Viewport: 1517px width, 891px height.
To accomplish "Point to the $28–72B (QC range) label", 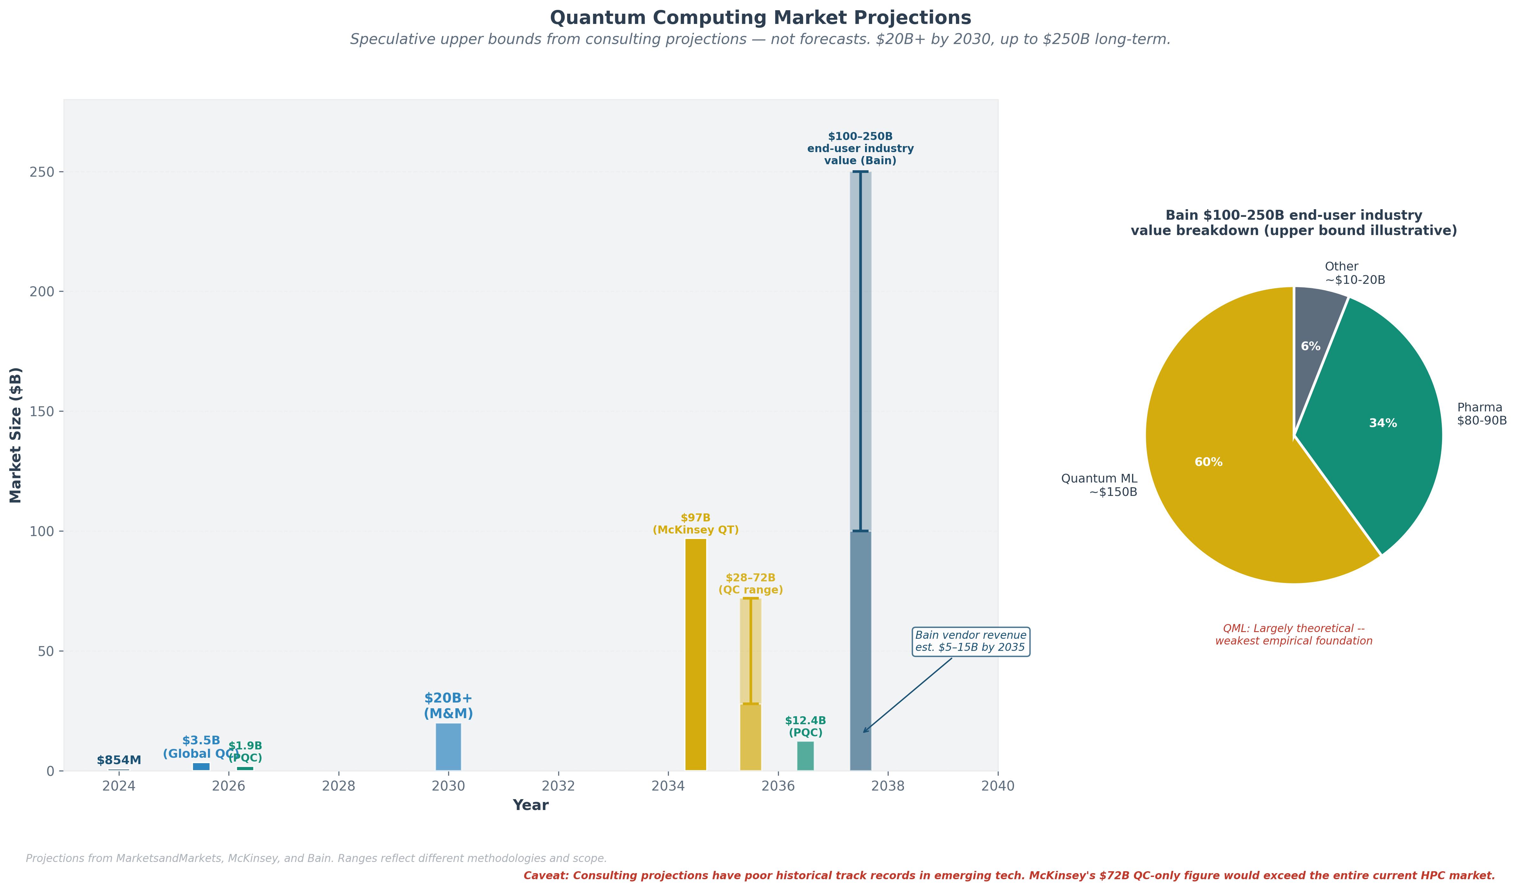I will [x=750, y=584].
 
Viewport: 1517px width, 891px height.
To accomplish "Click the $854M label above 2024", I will [x=119, y=760].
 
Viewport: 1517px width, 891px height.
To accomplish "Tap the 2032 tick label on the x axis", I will [x=558, y=786].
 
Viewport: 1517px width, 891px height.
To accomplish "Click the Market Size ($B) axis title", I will [x=16, y=435].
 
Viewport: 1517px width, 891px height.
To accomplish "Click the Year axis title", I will [x=530, y=806].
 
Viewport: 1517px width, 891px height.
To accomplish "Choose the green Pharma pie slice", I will [x=1379, y=421].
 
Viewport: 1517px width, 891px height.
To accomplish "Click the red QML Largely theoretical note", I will [x=1294, y=635].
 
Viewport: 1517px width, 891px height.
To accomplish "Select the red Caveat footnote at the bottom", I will [x=1009, y=875].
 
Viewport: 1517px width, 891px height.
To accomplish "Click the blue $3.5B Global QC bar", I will [x=201, y=766].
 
